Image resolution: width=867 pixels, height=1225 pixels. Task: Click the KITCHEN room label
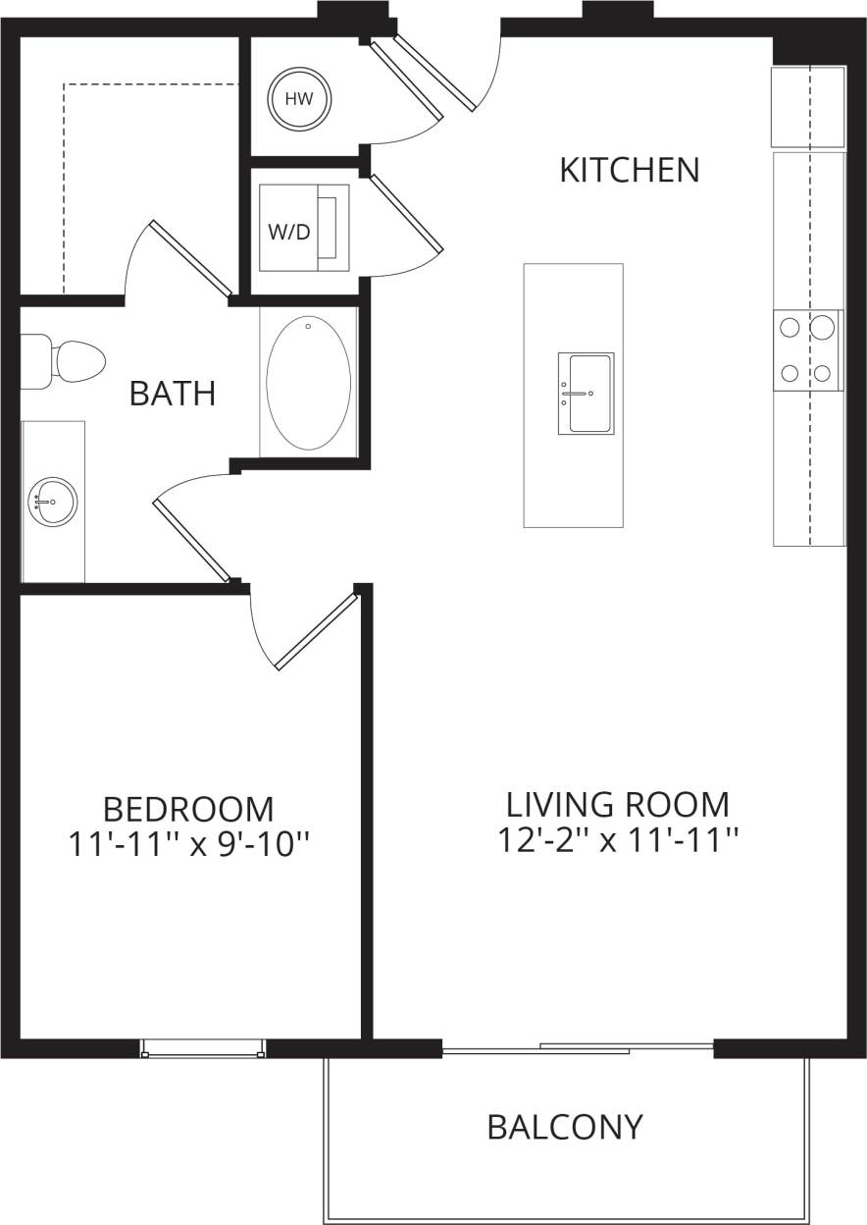(x=629, y=170)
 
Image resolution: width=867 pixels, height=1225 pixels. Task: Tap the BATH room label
(x=173, y=394)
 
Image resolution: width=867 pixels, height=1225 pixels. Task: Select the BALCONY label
(x=565, y=1127)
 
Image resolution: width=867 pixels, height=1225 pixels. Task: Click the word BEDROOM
(x=188, y=810)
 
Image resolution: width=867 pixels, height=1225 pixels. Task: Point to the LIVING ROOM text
(x=618, y=805)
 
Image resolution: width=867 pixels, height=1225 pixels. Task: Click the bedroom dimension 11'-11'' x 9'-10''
(x=189, y=843)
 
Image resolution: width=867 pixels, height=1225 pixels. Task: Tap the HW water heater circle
(x=299, y=99)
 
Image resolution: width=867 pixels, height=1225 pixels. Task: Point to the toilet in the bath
(x=69, y=361)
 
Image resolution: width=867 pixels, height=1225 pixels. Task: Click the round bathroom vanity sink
(x=53, y=502)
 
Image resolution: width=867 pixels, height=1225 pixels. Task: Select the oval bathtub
(x=308, y=383)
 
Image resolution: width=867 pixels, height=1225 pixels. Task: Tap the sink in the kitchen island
(x=586, y=394)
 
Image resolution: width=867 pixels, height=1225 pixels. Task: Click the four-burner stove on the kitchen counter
(x=808, y=349)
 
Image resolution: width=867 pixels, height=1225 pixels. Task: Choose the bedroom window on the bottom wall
(x=203, y=1048)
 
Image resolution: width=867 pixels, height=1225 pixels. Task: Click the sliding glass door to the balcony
(x=579, y=1049)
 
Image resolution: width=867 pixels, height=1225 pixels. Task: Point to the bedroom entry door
(x=316, y=631)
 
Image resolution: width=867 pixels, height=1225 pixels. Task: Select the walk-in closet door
(x=190, y=257)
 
